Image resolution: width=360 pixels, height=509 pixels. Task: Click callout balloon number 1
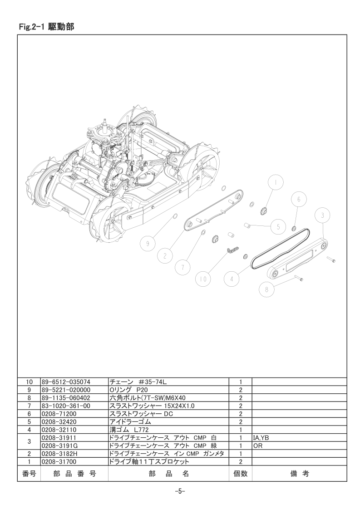pyautogui.click(x=276, y=183)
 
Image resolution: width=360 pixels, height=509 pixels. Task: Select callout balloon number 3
pyautogui.click(x=322, y=215)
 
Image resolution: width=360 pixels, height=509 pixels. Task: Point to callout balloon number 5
pyautogui.click(x=278, y=226)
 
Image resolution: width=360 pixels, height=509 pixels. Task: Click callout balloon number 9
pyautogui.click(x=148, y=244)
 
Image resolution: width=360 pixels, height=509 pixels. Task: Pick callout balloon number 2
pyautogui.click(x=165, y=256)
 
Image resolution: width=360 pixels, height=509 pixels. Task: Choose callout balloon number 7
pyautogui.click(x=183, y=268)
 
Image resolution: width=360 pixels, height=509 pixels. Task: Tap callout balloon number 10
pyautogui.click(x=203, y=279)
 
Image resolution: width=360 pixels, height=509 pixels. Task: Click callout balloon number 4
pyautogui.click(x=232, y=279)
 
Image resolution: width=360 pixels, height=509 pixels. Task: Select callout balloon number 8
pyautogui.click(x=267, y=289)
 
